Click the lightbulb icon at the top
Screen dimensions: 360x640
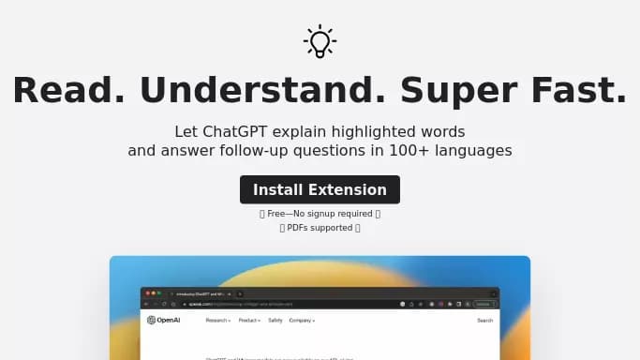[320, 41]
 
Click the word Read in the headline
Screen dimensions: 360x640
[67, 91]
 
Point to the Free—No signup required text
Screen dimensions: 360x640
[320, 214]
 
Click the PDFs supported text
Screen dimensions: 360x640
[320, 228]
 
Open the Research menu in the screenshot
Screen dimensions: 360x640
[217, 321]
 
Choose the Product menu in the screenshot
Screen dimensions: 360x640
[248, 321]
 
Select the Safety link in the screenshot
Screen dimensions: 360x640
[275, 321]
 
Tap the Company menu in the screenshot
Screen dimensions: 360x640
[302, 321]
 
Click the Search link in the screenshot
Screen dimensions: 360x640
[484, 321]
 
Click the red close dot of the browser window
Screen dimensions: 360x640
[145, 293]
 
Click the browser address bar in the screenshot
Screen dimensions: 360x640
[281, 304]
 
